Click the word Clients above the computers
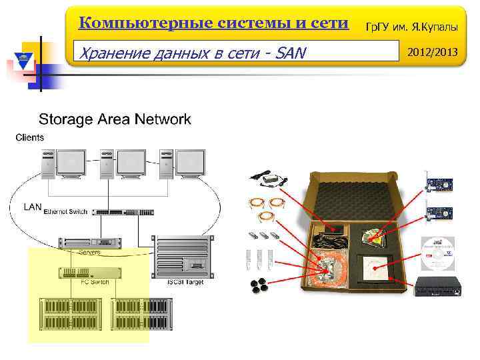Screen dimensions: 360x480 pyautogui.click(x=29, y=137)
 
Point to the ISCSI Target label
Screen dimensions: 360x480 pyautogui.click(x=185, y=283)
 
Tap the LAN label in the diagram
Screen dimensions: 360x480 pyautogui.click(x=33, y=207)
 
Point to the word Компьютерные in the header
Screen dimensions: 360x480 pyautogui.click(x=134, y=23)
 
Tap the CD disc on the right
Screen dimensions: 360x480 pyautogui.click(x=437, y=252)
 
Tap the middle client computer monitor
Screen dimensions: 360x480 pyautogui.click(x=131, y=163)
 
